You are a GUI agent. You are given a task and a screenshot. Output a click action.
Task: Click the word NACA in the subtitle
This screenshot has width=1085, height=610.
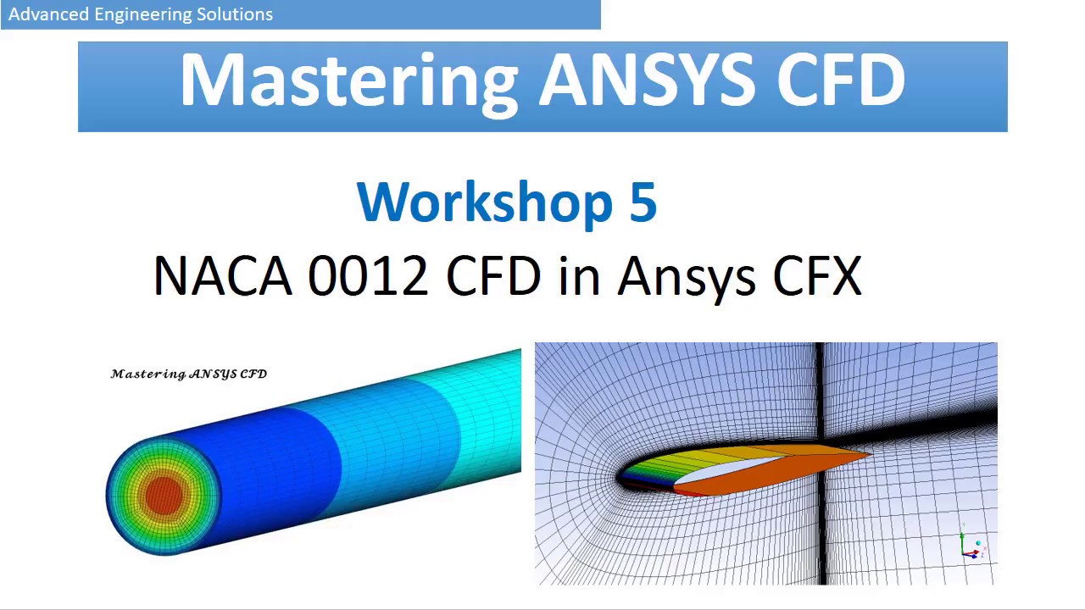tap(222, 276)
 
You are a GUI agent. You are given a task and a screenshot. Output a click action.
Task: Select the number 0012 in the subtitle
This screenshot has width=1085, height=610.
tap(368, 276)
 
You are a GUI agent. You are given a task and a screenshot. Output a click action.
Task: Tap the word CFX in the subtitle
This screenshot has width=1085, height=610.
tap(817, 276)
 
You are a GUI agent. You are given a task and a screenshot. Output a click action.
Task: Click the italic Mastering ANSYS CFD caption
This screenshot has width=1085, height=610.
tap(189, 374)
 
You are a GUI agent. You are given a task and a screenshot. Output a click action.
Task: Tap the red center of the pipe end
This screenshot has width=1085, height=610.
tap(163, 495)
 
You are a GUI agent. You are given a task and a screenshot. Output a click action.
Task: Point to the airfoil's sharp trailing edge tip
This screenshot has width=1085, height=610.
tap(870, 456)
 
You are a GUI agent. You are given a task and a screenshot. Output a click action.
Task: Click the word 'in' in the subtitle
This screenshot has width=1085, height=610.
tap(578, 276)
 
